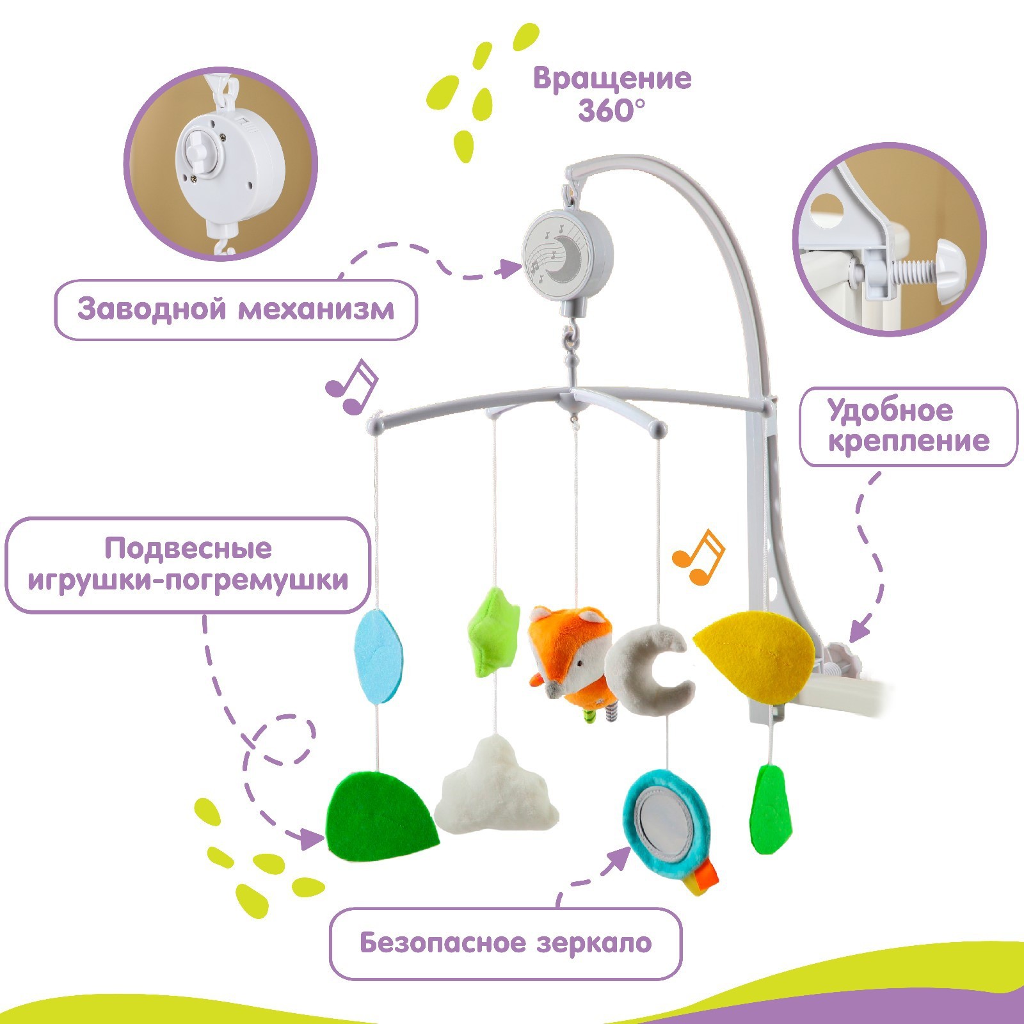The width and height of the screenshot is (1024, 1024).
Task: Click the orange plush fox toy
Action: point(568,659)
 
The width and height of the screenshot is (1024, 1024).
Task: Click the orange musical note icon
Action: point(699,557)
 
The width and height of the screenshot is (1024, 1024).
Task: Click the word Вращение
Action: point(612,79)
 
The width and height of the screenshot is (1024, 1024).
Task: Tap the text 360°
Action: point(612,111)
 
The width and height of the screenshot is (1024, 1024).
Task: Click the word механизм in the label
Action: point(316,310)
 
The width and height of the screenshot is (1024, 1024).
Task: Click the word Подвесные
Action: point(188,548)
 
